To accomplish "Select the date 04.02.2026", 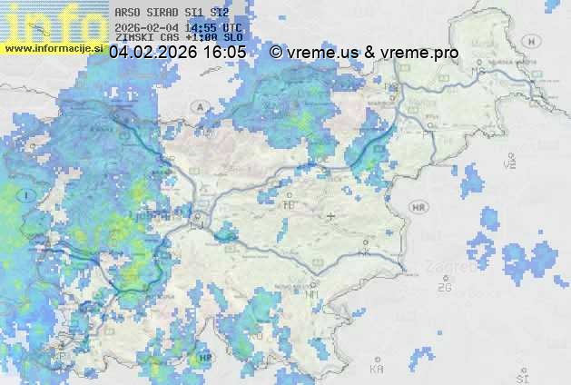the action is [152, 53].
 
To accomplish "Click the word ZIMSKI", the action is [133, 39].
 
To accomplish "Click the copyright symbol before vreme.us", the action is [275, 53].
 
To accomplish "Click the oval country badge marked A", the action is [198, 107].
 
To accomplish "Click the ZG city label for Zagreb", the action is [444, 288].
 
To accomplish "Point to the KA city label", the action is [377, 370].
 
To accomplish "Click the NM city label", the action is [312, 294].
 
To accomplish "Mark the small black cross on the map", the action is [331, 216].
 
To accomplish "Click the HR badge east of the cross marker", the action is [418, 207].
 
